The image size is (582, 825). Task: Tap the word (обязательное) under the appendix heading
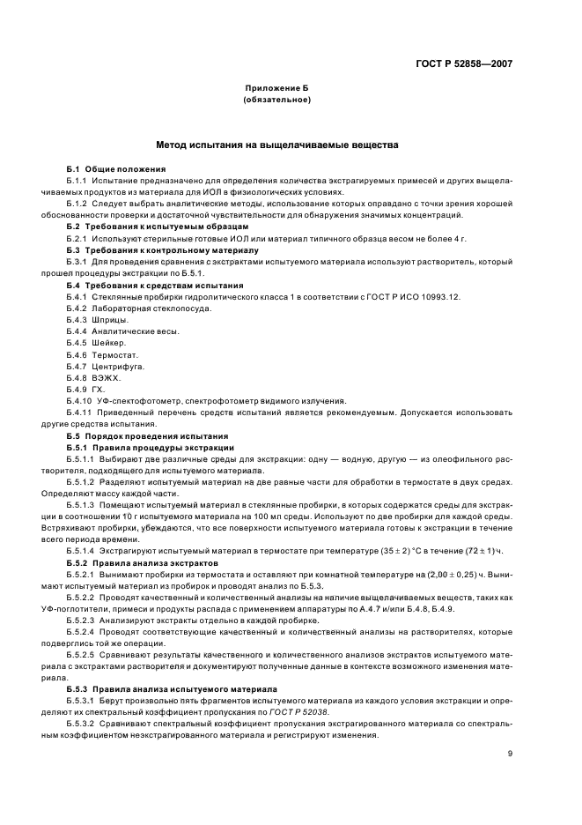tap(277, 100)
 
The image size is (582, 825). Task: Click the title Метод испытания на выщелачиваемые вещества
tap(277, 144)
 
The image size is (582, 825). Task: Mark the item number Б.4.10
tap(78, 400)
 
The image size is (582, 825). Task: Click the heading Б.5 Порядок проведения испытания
tap(147, 435)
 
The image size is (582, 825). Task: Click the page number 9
tap(509, 753)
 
